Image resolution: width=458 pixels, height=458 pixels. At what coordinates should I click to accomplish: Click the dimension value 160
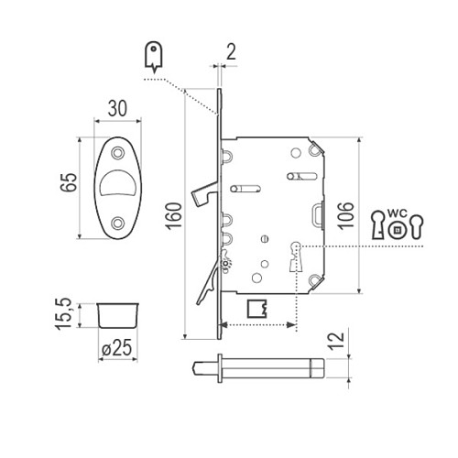coord(173,215)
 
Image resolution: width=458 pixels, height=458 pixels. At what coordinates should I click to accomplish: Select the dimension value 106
coord(345,215)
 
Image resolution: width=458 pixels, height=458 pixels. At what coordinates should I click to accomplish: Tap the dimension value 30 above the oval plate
coord(117,108)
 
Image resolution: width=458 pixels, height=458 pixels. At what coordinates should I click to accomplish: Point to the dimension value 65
coord(69,182)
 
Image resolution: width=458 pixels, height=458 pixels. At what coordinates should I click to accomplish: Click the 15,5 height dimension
coord(63,314)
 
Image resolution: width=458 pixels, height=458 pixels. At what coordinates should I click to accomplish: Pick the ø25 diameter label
coord(117,348)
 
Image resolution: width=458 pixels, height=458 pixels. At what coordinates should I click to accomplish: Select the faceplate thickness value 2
coord(231,52)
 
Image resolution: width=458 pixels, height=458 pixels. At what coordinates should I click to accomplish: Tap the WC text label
coord(398,213)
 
